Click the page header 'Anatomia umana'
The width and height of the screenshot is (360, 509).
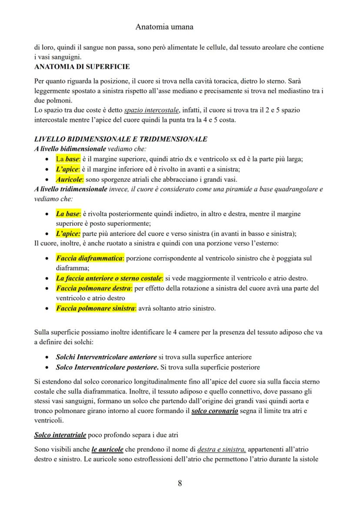click(164, 27)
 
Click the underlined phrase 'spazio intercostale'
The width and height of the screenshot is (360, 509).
click(153, 110)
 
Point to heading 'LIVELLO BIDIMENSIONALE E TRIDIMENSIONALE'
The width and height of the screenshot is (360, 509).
click(120, 139)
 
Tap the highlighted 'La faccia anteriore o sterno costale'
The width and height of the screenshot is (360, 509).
click(109, 278)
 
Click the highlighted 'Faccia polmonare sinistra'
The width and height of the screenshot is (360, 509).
click(96, 309)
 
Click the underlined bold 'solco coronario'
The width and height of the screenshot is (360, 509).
click(215, 411)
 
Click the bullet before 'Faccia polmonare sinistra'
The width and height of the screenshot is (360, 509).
click(47, 309)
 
